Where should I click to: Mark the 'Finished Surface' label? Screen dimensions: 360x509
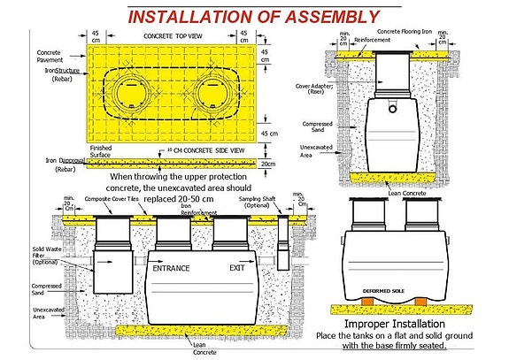coord(101,151)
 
